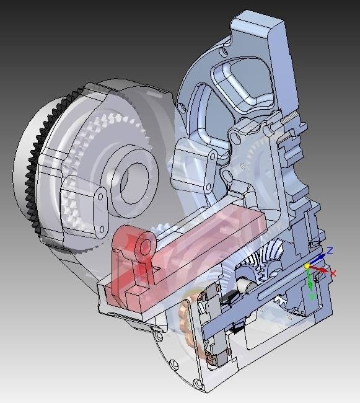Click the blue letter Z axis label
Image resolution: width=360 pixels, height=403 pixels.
330,250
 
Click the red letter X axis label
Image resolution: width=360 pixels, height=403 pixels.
333,273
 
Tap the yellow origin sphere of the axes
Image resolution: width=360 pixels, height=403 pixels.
307,266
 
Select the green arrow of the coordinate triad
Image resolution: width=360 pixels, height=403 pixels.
310,281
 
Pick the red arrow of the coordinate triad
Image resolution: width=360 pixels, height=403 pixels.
319,269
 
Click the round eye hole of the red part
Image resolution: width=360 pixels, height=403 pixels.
146,244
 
